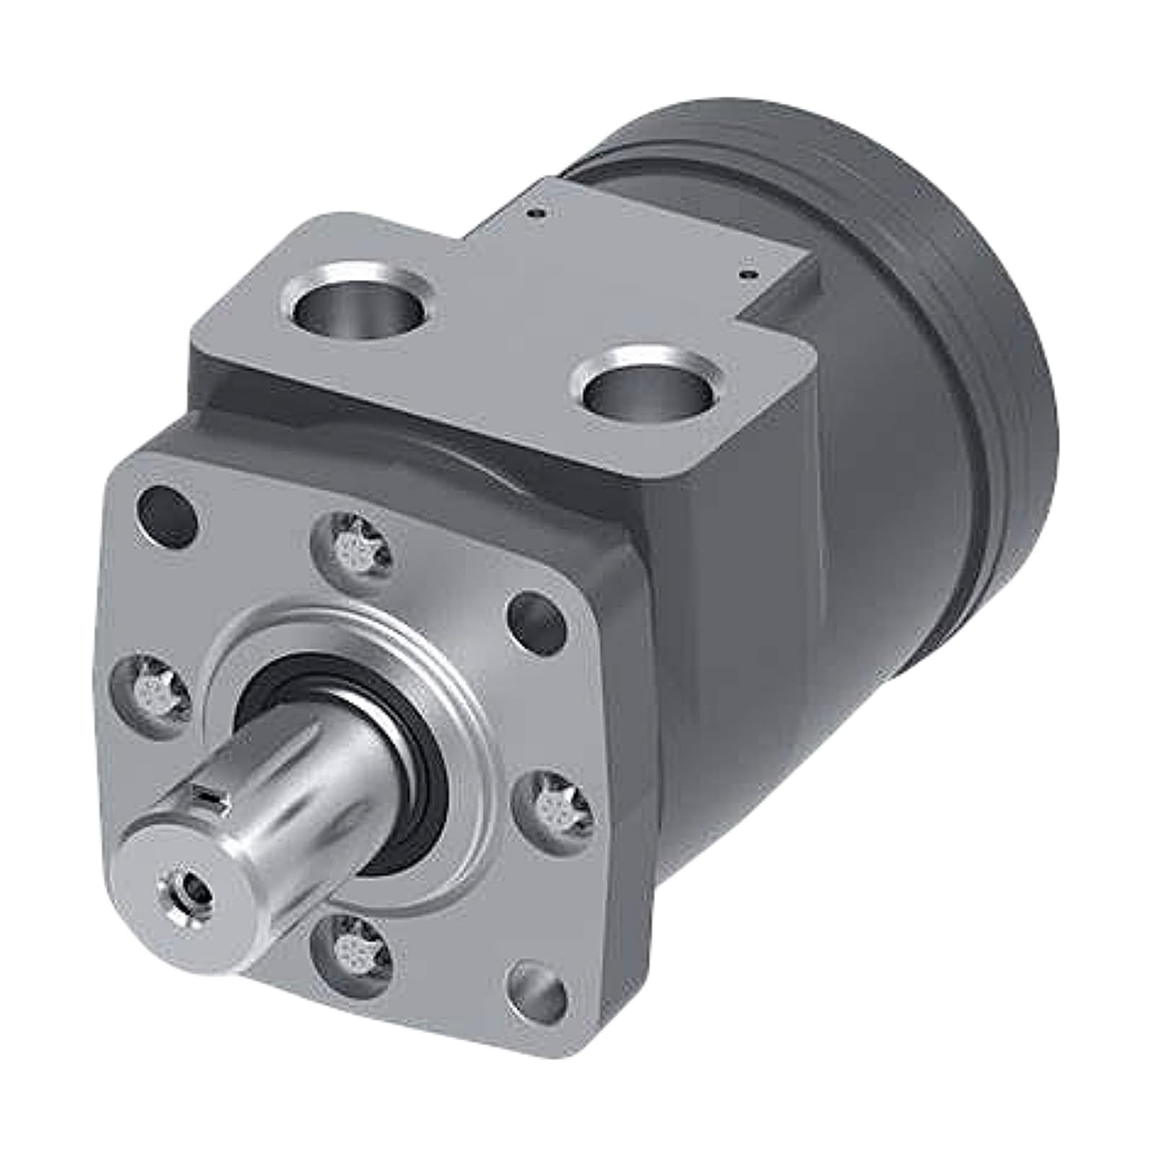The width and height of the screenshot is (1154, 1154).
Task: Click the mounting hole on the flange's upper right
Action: pyautogui.click(x=538, y=621)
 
